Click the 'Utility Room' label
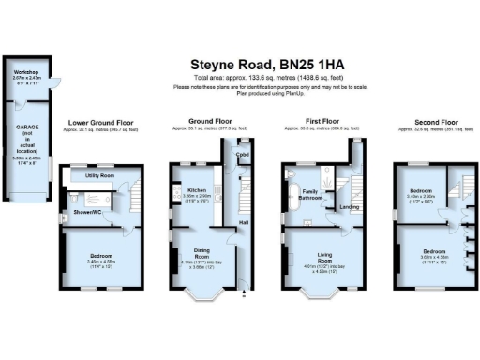99,175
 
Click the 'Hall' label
243,222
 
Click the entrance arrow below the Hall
244,297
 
